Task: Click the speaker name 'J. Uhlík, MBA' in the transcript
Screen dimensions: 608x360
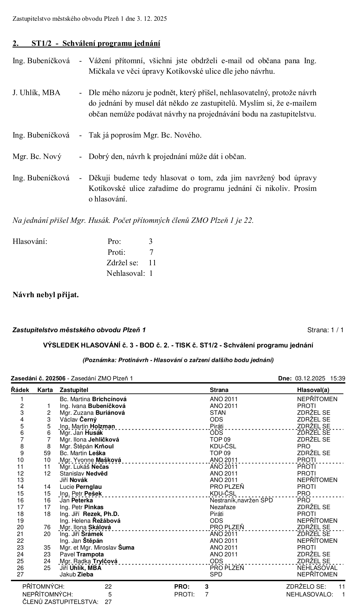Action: click(x=36, y=93)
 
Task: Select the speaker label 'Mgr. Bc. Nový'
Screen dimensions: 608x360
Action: click(x=37, y=157)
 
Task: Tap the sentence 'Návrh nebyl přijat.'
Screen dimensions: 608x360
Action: click(x=46, y=295)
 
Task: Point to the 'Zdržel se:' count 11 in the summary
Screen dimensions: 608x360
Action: click(x=152, y=263)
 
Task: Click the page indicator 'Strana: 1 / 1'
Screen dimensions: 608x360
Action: click(x=325, y=330)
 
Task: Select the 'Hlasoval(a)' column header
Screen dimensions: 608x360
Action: click(x=313, y=390)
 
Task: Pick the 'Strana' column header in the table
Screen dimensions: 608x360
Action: click(x=219, y=390)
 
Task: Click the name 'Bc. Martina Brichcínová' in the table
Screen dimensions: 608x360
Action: click(x=93, y=399)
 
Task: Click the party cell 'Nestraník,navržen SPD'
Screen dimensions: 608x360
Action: click(x=241, y=500)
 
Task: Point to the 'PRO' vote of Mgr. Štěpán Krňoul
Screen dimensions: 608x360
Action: click(x=304, y=446)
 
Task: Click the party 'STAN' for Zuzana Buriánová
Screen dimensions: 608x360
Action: click(x=218, y=413)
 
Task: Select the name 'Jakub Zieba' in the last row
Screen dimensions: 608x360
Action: click(x=76, y=574)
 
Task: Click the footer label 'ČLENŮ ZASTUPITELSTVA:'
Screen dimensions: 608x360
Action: click(x=60, y=602)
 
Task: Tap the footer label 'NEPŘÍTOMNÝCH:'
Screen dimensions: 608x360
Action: click(x=47, y=594)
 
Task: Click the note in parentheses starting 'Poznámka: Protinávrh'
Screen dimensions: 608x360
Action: click(x=178, y=360)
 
